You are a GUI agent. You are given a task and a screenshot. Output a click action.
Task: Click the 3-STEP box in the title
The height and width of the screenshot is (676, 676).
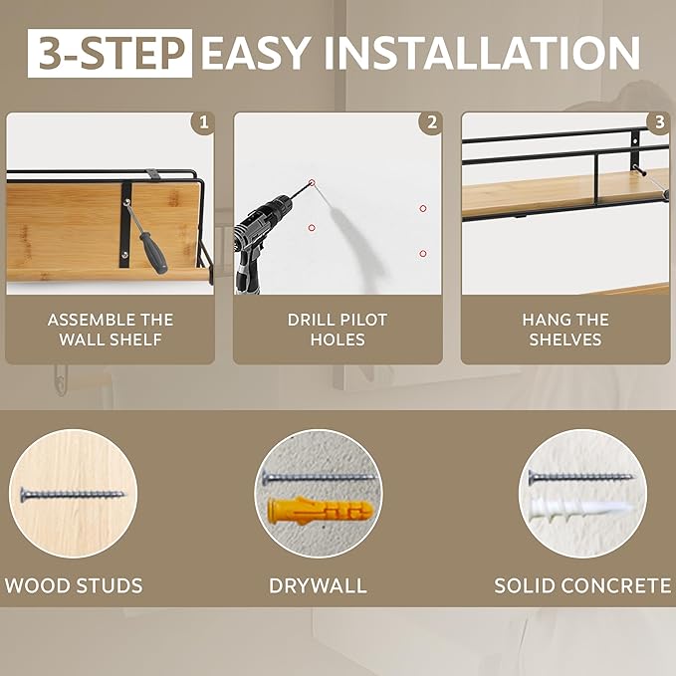110,53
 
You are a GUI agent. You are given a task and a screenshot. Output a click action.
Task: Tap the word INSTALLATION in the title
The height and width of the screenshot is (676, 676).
482,53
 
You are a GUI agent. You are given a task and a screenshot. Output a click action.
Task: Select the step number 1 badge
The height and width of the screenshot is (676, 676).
203,122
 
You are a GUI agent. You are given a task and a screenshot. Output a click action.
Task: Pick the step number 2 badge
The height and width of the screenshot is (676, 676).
431,122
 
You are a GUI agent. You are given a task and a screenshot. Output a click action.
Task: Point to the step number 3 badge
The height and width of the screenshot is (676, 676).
658,122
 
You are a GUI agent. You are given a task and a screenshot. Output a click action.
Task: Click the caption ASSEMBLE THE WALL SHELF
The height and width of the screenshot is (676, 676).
111,330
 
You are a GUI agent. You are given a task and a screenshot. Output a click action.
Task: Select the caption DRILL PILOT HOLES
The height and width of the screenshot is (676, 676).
338,330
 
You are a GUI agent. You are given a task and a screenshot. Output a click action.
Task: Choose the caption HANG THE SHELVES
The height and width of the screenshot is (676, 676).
565,330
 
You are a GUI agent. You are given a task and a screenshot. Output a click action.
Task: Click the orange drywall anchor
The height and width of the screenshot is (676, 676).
320,511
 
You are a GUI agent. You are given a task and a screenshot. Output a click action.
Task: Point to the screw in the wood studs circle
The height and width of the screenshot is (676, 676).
73,495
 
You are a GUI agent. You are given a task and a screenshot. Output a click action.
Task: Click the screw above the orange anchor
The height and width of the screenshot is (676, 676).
320,477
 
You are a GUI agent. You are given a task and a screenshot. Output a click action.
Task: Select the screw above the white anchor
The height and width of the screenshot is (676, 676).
581,477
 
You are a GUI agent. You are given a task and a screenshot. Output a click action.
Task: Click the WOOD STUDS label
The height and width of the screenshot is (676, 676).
74,585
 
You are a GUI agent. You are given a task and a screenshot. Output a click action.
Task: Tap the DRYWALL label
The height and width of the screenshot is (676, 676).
318,585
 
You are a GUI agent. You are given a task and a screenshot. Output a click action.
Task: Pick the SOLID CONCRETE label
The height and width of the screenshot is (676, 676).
582,585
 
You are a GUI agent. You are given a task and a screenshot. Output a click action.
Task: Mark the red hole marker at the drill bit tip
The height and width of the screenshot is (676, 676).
313,183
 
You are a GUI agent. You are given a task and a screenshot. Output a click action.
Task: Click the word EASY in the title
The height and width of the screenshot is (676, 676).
255,53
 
